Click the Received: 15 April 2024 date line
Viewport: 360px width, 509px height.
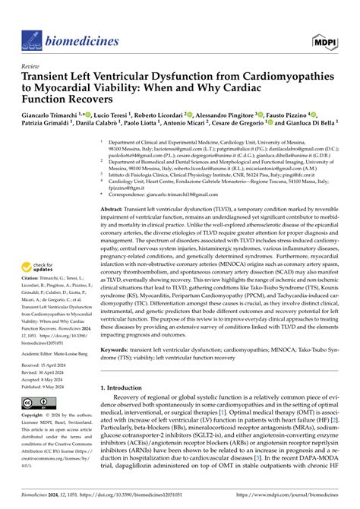click(45, 365)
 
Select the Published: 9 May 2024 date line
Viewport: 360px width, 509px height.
click(44, 386)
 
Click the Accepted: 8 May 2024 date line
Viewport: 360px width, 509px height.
click(43, 379)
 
